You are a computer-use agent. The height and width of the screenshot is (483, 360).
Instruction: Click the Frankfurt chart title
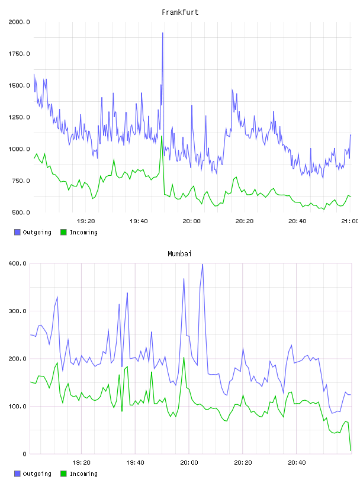click(180, 12)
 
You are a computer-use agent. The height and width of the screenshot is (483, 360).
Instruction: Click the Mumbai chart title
click(179, 253)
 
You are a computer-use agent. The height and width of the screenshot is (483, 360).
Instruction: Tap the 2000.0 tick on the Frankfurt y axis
click(19, 22)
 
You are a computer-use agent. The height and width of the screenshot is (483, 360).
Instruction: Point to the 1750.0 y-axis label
click(19, 54)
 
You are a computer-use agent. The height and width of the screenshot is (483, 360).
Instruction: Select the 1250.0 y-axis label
click(19, 117)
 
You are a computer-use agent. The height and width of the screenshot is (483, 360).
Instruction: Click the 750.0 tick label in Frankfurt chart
click(21, 181)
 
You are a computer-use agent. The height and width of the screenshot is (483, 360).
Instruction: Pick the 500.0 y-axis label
click(21, 212)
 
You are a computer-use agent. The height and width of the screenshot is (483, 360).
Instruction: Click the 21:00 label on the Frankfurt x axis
click(349, 221)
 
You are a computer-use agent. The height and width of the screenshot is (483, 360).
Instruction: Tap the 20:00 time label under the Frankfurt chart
click(191, 221)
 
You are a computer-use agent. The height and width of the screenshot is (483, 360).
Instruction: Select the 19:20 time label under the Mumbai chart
click(81, 462)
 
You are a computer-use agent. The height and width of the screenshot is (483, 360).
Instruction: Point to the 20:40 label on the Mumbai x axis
click(297, 462)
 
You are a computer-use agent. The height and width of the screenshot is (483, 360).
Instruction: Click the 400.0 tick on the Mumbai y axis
click(18, 263)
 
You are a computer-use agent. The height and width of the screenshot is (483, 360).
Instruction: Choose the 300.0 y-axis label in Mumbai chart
click(18, 311)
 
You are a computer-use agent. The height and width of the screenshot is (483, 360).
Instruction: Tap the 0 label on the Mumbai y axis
click(25, 454)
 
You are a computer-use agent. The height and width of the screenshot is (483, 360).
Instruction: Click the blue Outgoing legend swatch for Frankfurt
click(17, 232)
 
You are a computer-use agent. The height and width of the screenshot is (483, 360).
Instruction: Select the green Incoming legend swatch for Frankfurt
click(63, 232)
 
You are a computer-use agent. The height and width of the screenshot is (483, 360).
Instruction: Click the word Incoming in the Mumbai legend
click(83, 474)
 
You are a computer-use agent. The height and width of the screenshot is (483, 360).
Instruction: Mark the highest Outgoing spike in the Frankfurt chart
click(162, 33)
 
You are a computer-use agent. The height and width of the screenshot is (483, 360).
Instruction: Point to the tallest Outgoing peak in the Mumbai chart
click(202, 265)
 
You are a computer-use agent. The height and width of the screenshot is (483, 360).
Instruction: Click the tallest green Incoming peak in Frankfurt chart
click(162, 136)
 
